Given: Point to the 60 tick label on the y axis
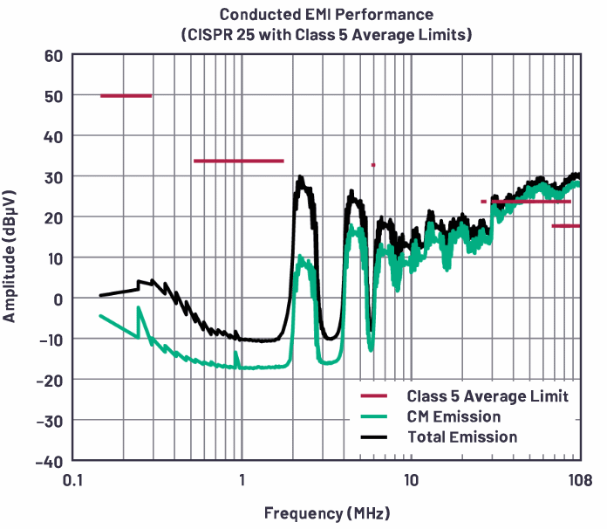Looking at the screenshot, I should pyautogui.click(x=53, y=56).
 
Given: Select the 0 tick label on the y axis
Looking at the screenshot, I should pyautogui.click(x=58, y=299).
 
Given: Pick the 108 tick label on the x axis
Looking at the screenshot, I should pyautogui.click(x=576, y=479).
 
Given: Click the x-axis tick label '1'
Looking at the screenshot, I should pyautogui.click(x=242, y=479).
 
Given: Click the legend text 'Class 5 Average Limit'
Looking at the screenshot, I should pyautogui.click(x=488, y=397).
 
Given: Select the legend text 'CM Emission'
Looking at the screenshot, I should pyautogui.click(x=454, y=417).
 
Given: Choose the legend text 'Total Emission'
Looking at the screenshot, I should pyautogui.click(x=462, y=436).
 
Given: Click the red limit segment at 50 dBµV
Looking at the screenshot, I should pyautogui.click(x=126, y=96).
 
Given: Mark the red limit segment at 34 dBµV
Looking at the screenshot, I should pyautogui.click(x=238, y=161).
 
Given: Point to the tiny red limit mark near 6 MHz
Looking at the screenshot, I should pyautogui.click(x=373, y=164).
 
